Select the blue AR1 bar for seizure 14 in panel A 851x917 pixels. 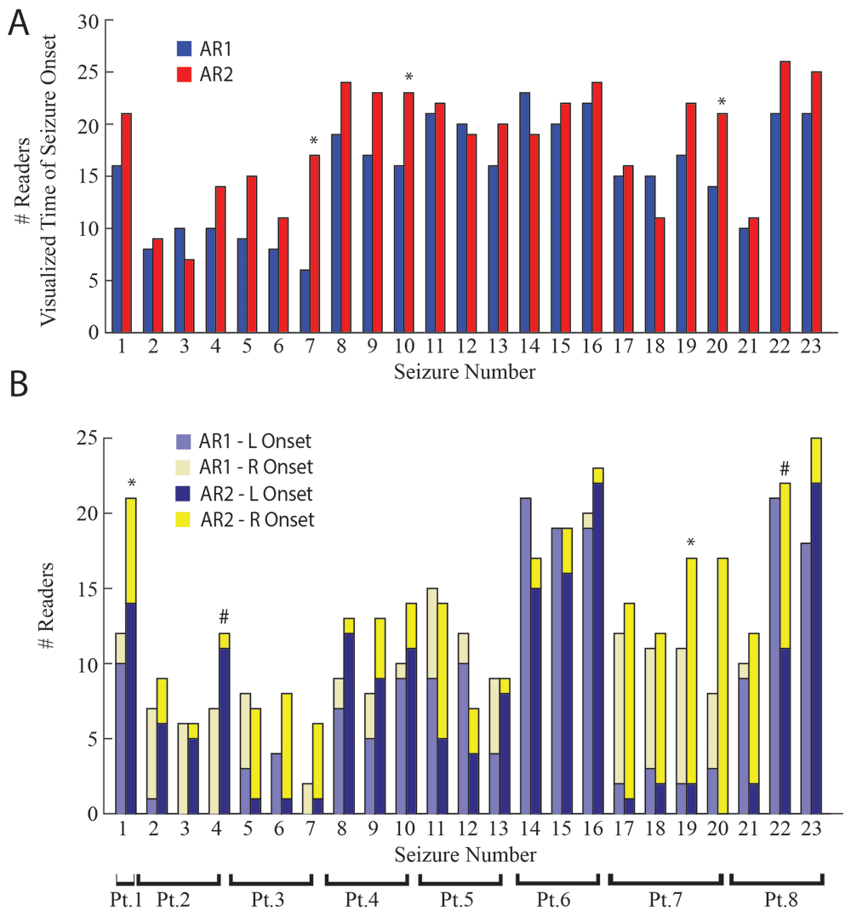(x=525, y=212)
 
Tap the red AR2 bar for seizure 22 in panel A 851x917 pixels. (x=785, y=197)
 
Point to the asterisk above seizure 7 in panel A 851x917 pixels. (x=314, y=141)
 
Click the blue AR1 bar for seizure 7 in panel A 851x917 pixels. (x=305, y=301)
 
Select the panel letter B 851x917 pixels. (x=19, y=387)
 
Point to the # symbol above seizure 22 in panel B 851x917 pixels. (x=785, y=468)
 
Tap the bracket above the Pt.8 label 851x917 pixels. (x=777, y=879)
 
